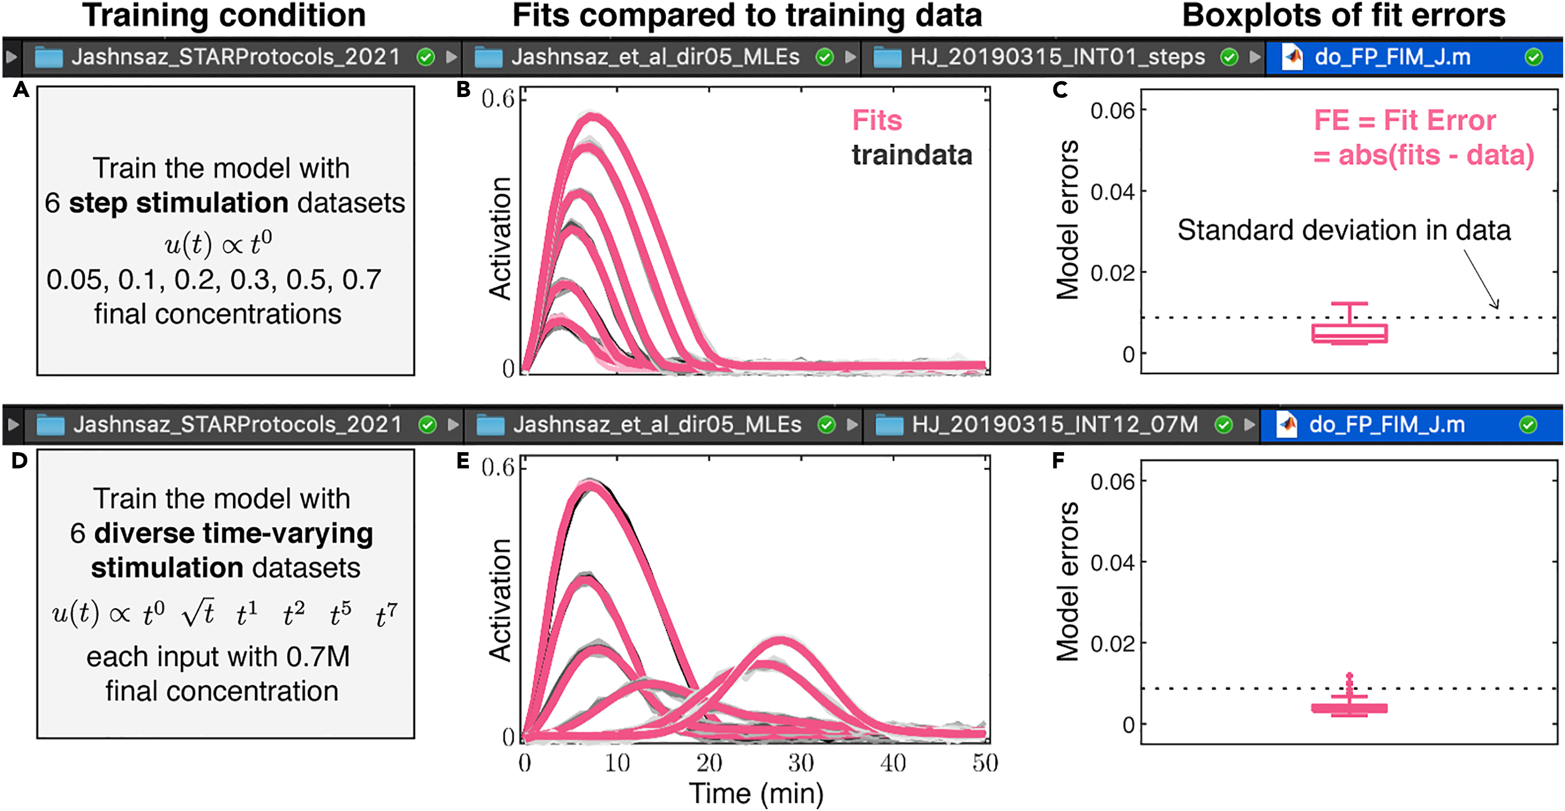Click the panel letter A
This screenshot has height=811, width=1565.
pyautogui.click(x=20, y=91)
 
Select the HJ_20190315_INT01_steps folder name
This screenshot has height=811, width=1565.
pyautogui.click(x=1057, y=57)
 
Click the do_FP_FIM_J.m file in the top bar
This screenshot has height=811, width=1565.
pyautogui.click(x=1392, y=57)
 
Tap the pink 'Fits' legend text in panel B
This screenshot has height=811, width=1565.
pyautogui.click(x=876, y=120)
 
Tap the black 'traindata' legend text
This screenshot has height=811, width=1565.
pyautogui.click(x=911, y=156)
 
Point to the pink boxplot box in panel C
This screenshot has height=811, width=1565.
pyautogui.click(x=1349, y=333)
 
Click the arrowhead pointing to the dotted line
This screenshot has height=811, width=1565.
pyautogui.click(x=1496, y=305)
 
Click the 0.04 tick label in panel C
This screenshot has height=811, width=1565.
pyautogui.click(x=1112, y=192)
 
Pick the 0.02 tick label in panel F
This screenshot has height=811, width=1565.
pyautogui.click(x=1112, y=644)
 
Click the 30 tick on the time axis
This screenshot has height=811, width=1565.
pyautogui.click(x=801, y=763)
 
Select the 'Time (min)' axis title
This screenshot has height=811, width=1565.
pyautogui.click(x=756, y=793)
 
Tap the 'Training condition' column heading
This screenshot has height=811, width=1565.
pyautogui.click(x=224, y=16)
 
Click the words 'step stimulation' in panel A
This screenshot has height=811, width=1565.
pyautogui.click(x=178, y=203)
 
